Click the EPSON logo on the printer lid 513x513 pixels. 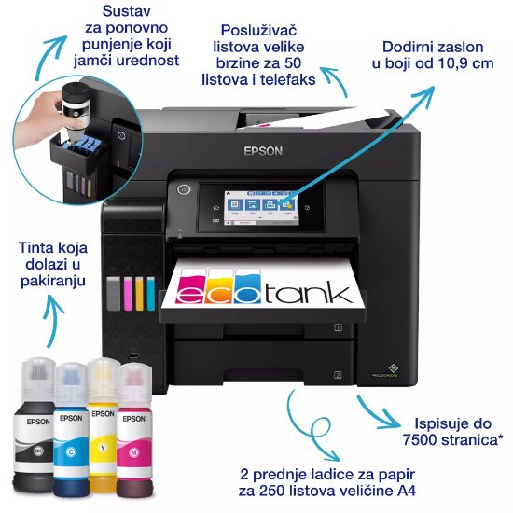(x=262, y=152)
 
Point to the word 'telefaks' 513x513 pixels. (x=285, y=79)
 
